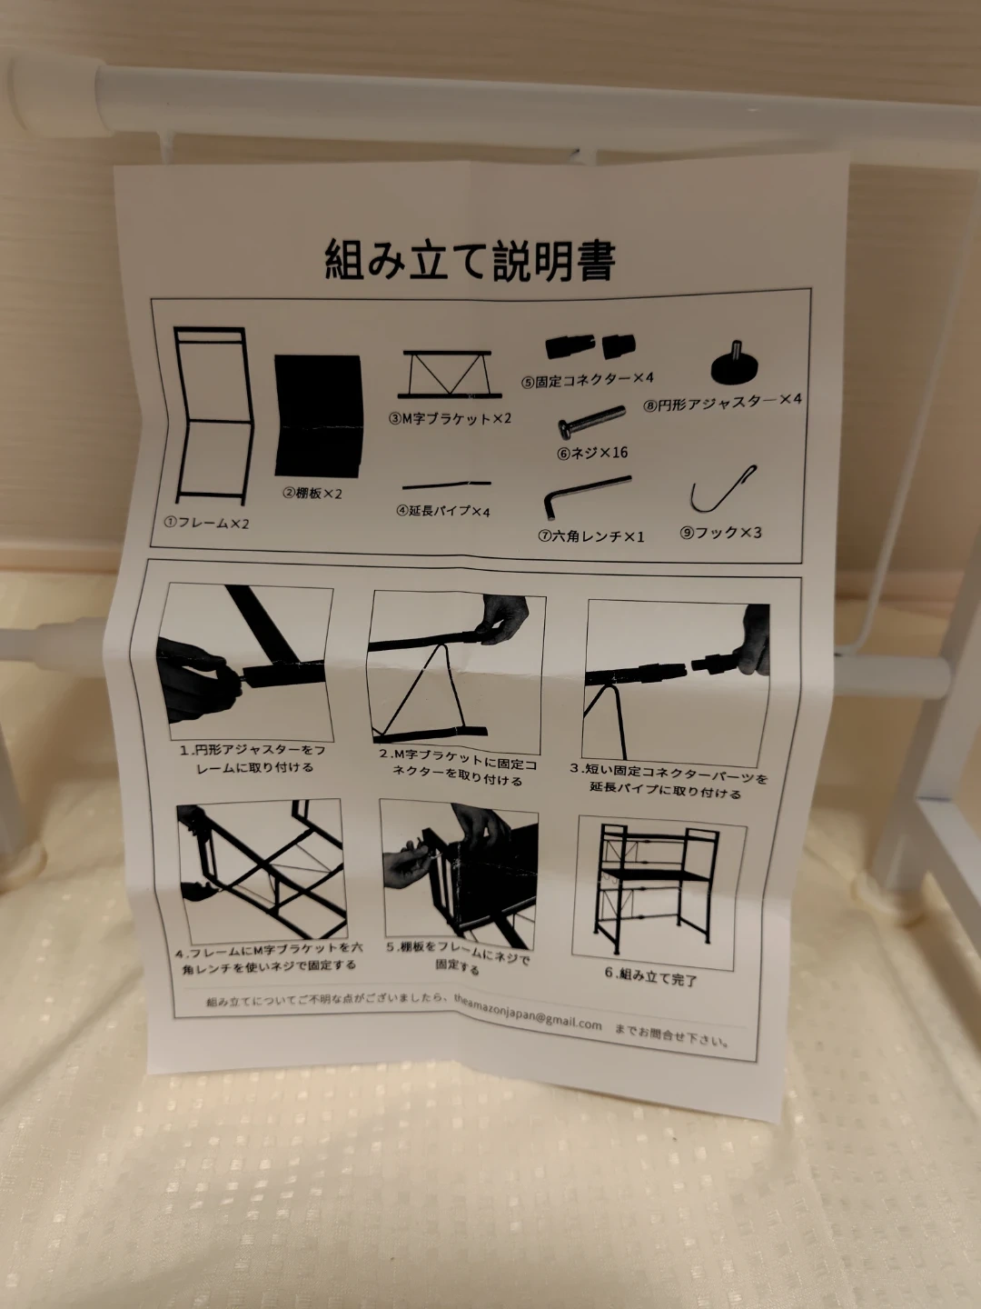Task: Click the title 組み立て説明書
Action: [x=470, y=260]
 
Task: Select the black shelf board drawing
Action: [x=318, y=415]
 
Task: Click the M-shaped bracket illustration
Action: [x=449, y=375]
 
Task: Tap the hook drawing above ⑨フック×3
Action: [x=722, y=490]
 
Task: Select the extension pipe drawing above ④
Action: [x=446, y=485]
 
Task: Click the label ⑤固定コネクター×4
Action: [x=588, y=379]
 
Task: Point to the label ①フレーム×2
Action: [x=207, y=523]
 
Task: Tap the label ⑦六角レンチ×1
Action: [x=590, y=535]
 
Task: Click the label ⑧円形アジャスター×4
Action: [x=722, y=403]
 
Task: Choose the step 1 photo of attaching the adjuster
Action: [x=245, y=661]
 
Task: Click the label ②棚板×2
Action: [x=312, y=494]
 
